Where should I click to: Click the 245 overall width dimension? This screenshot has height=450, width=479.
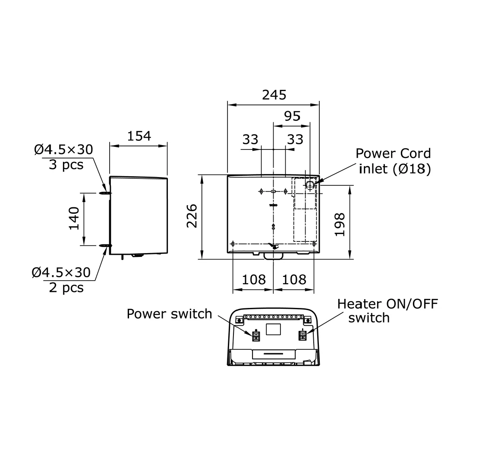click(274, 95)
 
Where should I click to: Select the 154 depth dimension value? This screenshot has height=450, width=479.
click(139, 136)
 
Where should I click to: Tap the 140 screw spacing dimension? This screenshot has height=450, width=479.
click(74, 219)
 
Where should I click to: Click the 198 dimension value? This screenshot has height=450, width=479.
click(340, 224)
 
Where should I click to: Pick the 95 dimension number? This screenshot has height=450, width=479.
click(292, 116)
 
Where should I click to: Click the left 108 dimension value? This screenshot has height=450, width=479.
click(254, 279)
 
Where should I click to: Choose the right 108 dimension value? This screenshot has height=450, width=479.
click(294, 279)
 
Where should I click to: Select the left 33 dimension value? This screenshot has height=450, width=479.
click(250, 139)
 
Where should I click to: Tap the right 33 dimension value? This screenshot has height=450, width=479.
click(295, 139)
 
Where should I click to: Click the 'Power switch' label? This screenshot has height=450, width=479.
click(169, 314)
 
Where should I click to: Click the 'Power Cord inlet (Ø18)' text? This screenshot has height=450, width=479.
click(393, 161)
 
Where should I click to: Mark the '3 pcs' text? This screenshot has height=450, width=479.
click(66, 165)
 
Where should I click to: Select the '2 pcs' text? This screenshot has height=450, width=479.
click(66, 287)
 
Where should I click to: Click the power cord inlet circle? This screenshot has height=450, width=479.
click(310, 184)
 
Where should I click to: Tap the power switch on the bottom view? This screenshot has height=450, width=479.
click(256, 336)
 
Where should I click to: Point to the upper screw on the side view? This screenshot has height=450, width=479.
click(105, 193)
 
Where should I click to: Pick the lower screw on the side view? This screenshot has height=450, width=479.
click(105, 246)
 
